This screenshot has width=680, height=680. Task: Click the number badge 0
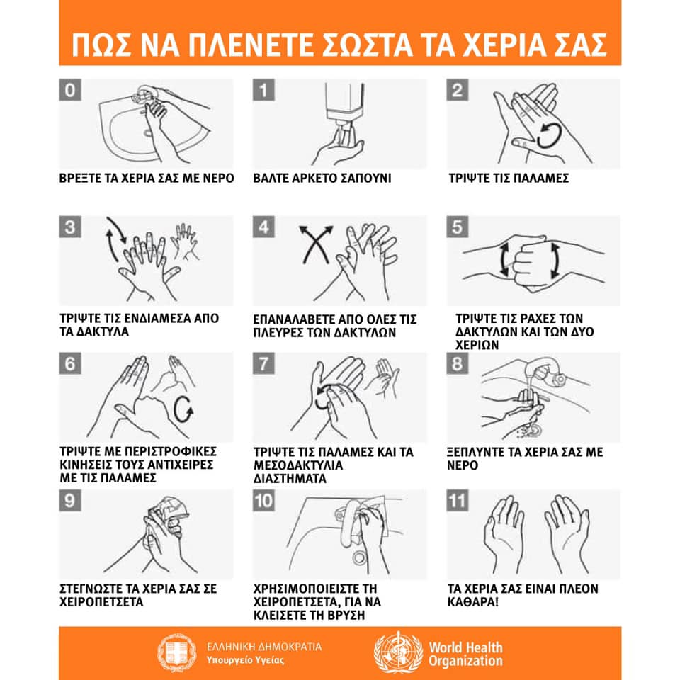tap(70, 90)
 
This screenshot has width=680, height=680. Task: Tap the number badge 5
tap(458, 227)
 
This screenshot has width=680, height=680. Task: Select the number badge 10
tap(263, 501)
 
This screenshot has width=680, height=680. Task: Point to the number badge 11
tap(458, 501)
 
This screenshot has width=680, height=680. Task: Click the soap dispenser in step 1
tap(345, 104)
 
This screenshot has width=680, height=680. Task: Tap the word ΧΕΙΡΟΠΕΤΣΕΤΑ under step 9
tap(101, 602)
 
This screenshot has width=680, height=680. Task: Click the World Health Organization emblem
tap(398, 652)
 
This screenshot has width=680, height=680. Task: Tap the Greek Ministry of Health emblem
tap(176, 653)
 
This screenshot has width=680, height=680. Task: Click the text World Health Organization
tap(466, 654)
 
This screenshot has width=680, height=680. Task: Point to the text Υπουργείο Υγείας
tap(246, 660)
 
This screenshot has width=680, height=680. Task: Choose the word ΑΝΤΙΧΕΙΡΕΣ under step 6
tap(181, 465)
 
